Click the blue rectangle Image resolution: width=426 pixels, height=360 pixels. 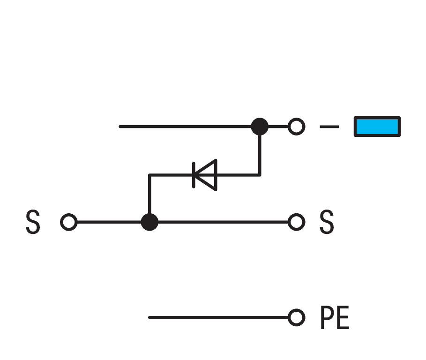coord(377,127)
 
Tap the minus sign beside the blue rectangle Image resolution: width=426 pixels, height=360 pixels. coord(329,127)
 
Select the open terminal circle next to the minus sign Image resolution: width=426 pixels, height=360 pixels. coord(296,127)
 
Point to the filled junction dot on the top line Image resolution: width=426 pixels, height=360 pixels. coord(260,127)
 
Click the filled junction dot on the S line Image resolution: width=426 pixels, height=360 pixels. coord(149,222)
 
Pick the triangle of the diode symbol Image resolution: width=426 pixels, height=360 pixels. coord(208,175)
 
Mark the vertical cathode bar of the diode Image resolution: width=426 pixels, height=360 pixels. coord(194,175)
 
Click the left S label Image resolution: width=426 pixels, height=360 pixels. coord(32,223)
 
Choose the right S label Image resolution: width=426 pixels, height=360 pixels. coord(326,223)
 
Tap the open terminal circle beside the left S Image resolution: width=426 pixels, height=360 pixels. coord(69,222)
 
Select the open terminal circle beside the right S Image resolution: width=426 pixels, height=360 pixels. coord(296,222)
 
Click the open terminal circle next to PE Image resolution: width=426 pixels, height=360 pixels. coord(296,318)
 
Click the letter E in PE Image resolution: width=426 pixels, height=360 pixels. coord(343,318)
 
